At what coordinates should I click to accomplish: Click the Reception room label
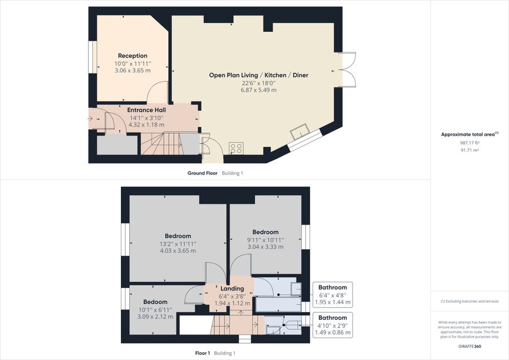click(x=133, y=56)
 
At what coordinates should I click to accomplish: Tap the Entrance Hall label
click(x=146, y=110)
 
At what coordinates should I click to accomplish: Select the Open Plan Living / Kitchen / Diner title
click(x=258, y=75)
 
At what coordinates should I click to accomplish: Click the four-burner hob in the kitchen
click(x=236, y=148)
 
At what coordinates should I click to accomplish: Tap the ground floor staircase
click(x=161, y=144)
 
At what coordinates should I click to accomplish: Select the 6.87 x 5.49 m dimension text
click(x=258, y=90)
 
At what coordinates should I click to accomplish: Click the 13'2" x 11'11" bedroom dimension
click(x=178, y=244)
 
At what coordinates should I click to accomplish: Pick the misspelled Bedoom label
click(x=155, y=302)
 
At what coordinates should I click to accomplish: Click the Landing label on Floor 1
click(x=232, y=289)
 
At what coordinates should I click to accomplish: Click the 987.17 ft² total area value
click(x=469, y=143)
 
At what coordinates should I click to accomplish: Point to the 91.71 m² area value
click(x=469, y=150)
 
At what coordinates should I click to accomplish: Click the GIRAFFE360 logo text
click(x=469, y=347)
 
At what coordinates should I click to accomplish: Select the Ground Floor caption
click(x=202, y=173)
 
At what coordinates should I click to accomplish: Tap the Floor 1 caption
click(x=202, y=353)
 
